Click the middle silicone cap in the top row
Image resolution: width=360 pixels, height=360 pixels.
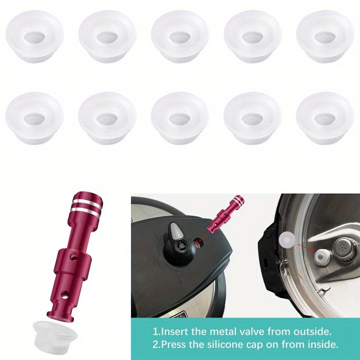[x=180, y=37]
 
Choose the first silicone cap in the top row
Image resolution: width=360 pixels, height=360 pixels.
[x=35, y=37]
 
